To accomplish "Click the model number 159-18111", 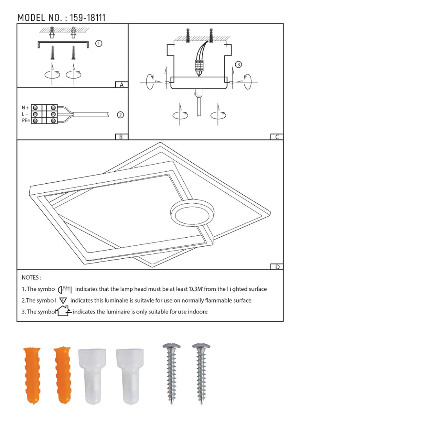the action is point(88,18).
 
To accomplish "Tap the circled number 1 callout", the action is point(99,43).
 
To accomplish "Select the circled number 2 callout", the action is point(120,115).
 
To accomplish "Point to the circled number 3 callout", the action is point(238,64).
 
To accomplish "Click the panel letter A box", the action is point(122,85).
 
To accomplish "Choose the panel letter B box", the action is point(121,137).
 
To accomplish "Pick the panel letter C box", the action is point(277,137).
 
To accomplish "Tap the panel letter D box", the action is point(277,267).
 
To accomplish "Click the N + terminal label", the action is point(25,108).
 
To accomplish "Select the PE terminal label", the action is point(26,120).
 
